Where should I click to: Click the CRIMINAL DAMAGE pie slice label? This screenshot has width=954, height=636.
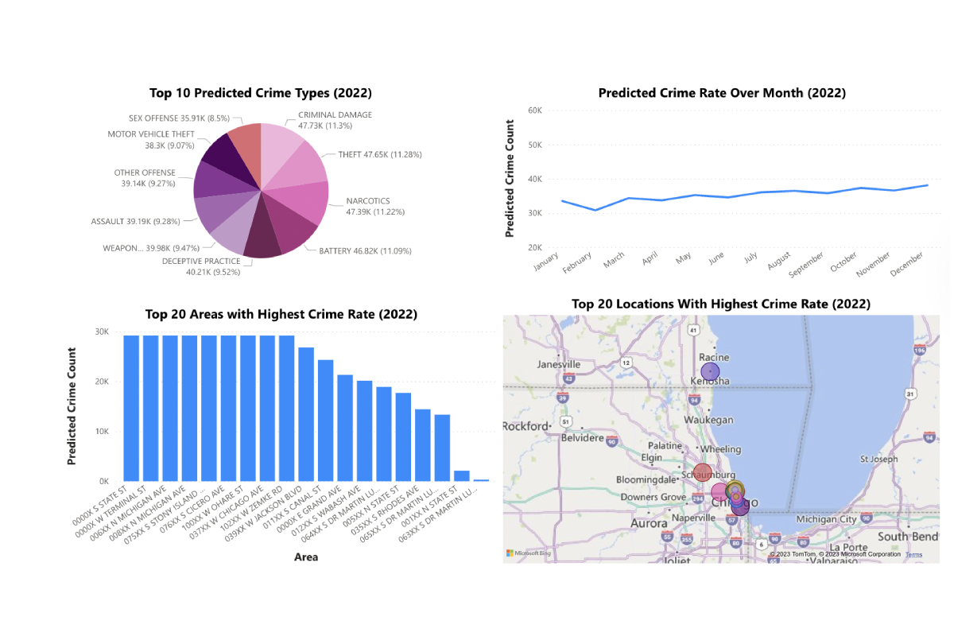pyautogui.click(x=335, y=120)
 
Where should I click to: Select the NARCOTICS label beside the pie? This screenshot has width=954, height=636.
pyautogui.click(x=368, y=207)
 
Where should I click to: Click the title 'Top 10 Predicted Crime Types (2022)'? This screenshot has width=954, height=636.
pyautogui.click(x=261, y=93)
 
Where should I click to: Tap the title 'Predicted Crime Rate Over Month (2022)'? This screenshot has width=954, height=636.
pyautogui.click(x=722, y=93)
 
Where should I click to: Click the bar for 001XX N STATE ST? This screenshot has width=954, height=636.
pyautogui.click(x=462, y=475)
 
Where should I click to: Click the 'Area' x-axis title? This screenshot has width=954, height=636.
pyautogui.click(x=305, y=557)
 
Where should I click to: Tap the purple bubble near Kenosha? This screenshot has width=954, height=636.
pyautogui.click(x=711, y=371)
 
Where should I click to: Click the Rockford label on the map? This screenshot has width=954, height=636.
pyautogui.click(x=525, y=426)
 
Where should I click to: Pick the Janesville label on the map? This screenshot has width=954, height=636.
pyautogui.click(x=559, y=364)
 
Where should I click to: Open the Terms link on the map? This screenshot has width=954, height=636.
pyautogui.click(x=913, y=554)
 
